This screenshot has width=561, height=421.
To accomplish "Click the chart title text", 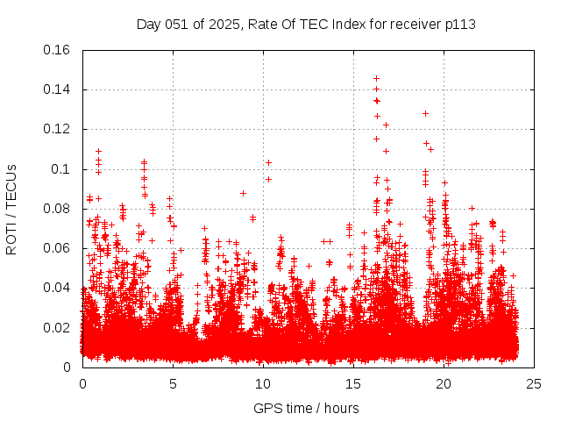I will [306, 24].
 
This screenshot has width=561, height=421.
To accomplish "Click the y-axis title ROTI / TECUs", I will [11, 208].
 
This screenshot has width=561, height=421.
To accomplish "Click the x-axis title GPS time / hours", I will [306, 408].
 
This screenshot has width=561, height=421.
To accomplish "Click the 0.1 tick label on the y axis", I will [63, 169].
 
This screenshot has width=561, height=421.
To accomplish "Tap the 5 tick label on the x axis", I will [173, 383].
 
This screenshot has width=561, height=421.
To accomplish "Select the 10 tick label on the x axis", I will [263, 383].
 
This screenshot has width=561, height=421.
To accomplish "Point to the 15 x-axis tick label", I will [353, 383].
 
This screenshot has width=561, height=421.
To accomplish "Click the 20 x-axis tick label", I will [444, 383].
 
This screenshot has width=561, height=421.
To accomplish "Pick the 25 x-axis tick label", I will [534, 383].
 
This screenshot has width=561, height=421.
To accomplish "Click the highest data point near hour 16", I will [376, 78].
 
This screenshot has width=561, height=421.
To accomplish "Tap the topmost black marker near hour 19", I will [425, 113].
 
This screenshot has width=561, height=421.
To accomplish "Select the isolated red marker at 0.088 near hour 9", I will [243, 193].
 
